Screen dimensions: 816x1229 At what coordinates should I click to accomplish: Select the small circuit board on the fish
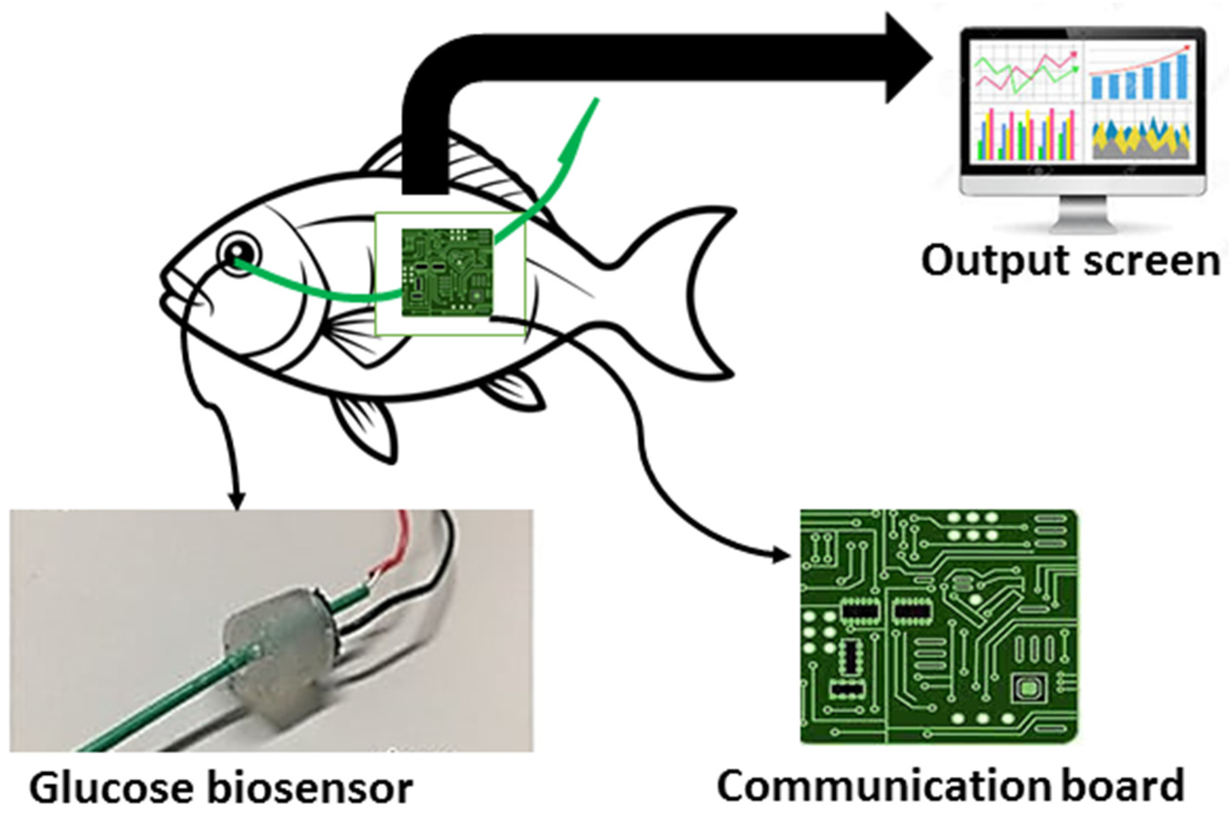447,272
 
